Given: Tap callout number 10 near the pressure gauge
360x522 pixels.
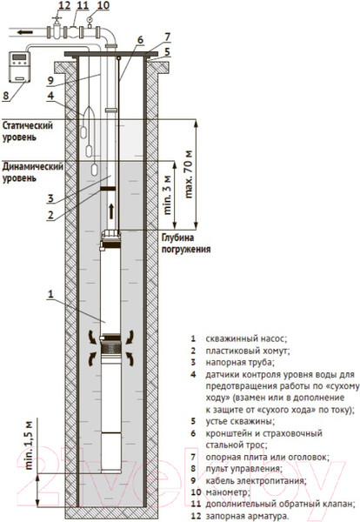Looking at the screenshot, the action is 103,6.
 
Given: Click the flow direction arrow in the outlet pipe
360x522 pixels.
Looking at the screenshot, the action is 25,32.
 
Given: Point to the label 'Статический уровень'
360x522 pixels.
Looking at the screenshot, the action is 28,131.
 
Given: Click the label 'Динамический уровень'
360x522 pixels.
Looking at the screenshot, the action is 32,172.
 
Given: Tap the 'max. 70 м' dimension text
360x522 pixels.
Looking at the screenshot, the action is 189,175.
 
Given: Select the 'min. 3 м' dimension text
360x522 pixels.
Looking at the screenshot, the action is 168,195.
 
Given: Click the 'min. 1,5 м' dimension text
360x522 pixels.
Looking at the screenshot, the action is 30,445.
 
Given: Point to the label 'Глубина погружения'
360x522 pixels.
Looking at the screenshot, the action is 186,244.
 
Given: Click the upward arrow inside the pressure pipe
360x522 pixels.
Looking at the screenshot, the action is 111,211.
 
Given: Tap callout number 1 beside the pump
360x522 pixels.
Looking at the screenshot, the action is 50,294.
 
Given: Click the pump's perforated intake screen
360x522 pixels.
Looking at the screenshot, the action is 111,349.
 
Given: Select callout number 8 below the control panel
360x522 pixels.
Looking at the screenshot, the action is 6,96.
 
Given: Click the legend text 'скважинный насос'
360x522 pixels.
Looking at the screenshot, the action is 246,339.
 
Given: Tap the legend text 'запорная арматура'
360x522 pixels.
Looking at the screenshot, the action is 247,516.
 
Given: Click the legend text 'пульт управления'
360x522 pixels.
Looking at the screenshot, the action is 243,469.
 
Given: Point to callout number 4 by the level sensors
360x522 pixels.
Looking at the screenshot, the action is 50,96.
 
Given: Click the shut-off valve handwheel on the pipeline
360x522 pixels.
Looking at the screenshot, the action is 57,17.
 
